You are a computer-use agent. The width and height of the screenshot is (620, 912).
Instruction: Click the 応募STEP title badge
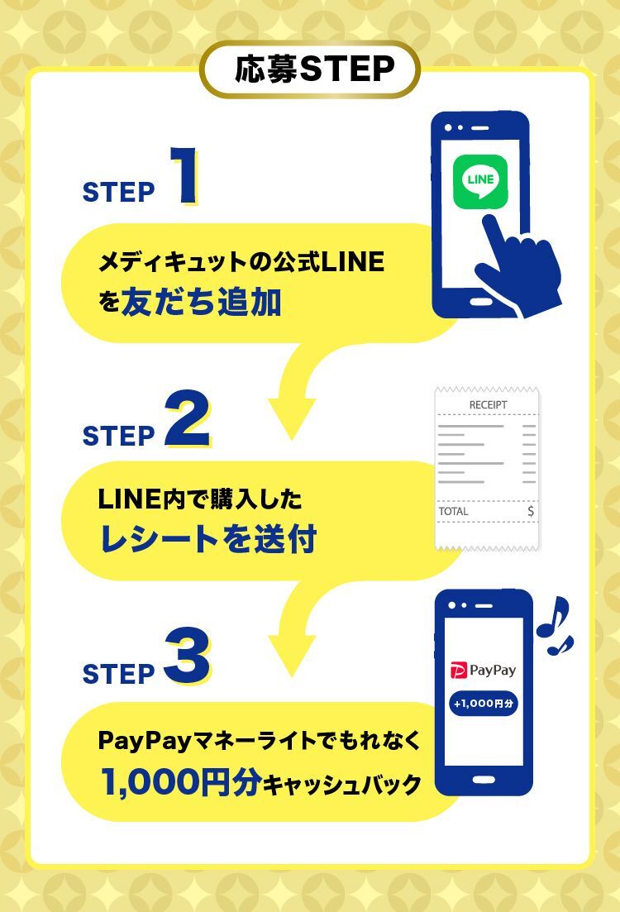pyautogui.click(x=311, y=69)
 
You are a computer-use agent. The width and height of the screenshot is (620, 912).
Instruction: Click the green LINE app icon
pyautogui.click(x=480, y=182)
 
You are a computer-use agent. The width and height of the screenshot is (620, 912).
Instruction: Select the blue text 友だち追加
pyautogui.click(x=201, y=303)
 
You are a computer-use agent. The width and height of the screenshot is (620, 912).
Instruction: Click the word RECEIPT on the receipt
pyautogui.click(x=488, y=405)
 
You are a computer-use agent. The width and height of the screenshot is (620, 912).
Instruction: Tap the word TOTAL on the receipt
pyautogui.click(x=453, y=511)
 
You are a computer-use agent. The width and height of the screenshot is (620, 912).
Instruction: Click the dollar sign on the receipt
pyautogui.click(x=530, y=511)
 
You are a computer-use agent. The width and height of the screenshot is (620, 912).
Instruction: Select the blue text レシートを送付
pyautogui.click(x=207, y=539)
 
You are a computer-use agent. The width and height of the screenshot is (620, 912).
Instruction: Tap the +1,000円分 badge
pyautogui.click(x=484, y=704)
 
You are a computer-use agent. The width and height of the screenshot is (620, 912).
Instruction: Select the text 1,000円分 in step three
pyautogui.click(x=180, y=781)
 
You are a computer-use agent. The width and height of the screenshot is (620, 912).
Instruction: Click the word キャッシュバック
pyautogui.click(x=341, y=784)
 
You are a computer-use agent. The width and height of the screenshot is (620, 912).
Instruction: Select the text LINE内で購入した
pyautogui.click(x=200, y=499)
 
